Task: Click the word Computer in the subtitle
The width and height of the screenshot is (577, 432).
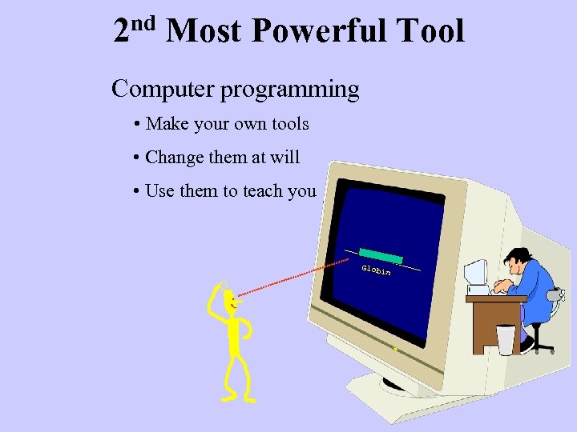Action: click(x=163, y=89)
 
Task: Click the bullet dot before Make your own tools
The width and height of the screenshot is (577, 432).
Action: click(x=138, y=125)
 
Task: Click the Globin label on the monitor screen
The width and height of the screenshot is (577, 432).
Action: click(x=376, y=270)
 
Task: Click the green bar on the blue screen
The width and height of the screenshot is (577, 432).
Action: click(x=381, y=255)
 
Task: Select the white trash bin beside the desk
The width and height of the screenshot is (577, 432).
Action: click(x=506, y=339)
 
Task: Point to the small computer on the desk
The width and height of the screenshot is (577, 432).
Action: click(x=476, y=274)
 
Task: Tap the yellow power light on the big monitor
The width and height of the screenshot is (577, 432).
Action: click(x=395, y=350)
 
